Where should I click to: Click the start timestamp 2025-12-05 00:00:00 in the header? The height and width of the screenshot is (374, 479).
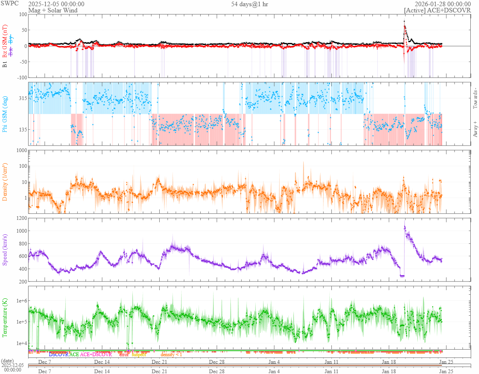tap(56, 4)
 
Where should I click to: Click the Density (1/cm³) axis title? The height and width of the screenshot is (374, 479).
tap(5, 182)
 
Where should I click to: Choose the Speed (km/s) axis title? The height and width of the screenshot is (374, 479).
tap(5, 250)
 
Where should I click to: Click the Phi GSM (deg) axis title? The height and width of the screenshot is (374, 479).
tap(5, 114)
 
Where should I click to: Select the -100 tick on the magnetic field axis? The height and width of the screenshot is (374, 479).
tap(20, 77)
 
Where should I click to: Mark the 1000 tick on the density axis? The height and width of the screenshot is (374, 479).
tap(20, 150)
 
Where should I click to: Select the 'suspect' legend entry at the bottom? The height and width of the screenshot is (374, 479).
tap(139, 355)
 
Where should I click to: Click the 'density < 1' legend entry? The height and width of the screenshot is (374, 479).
tap(171, 355)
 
